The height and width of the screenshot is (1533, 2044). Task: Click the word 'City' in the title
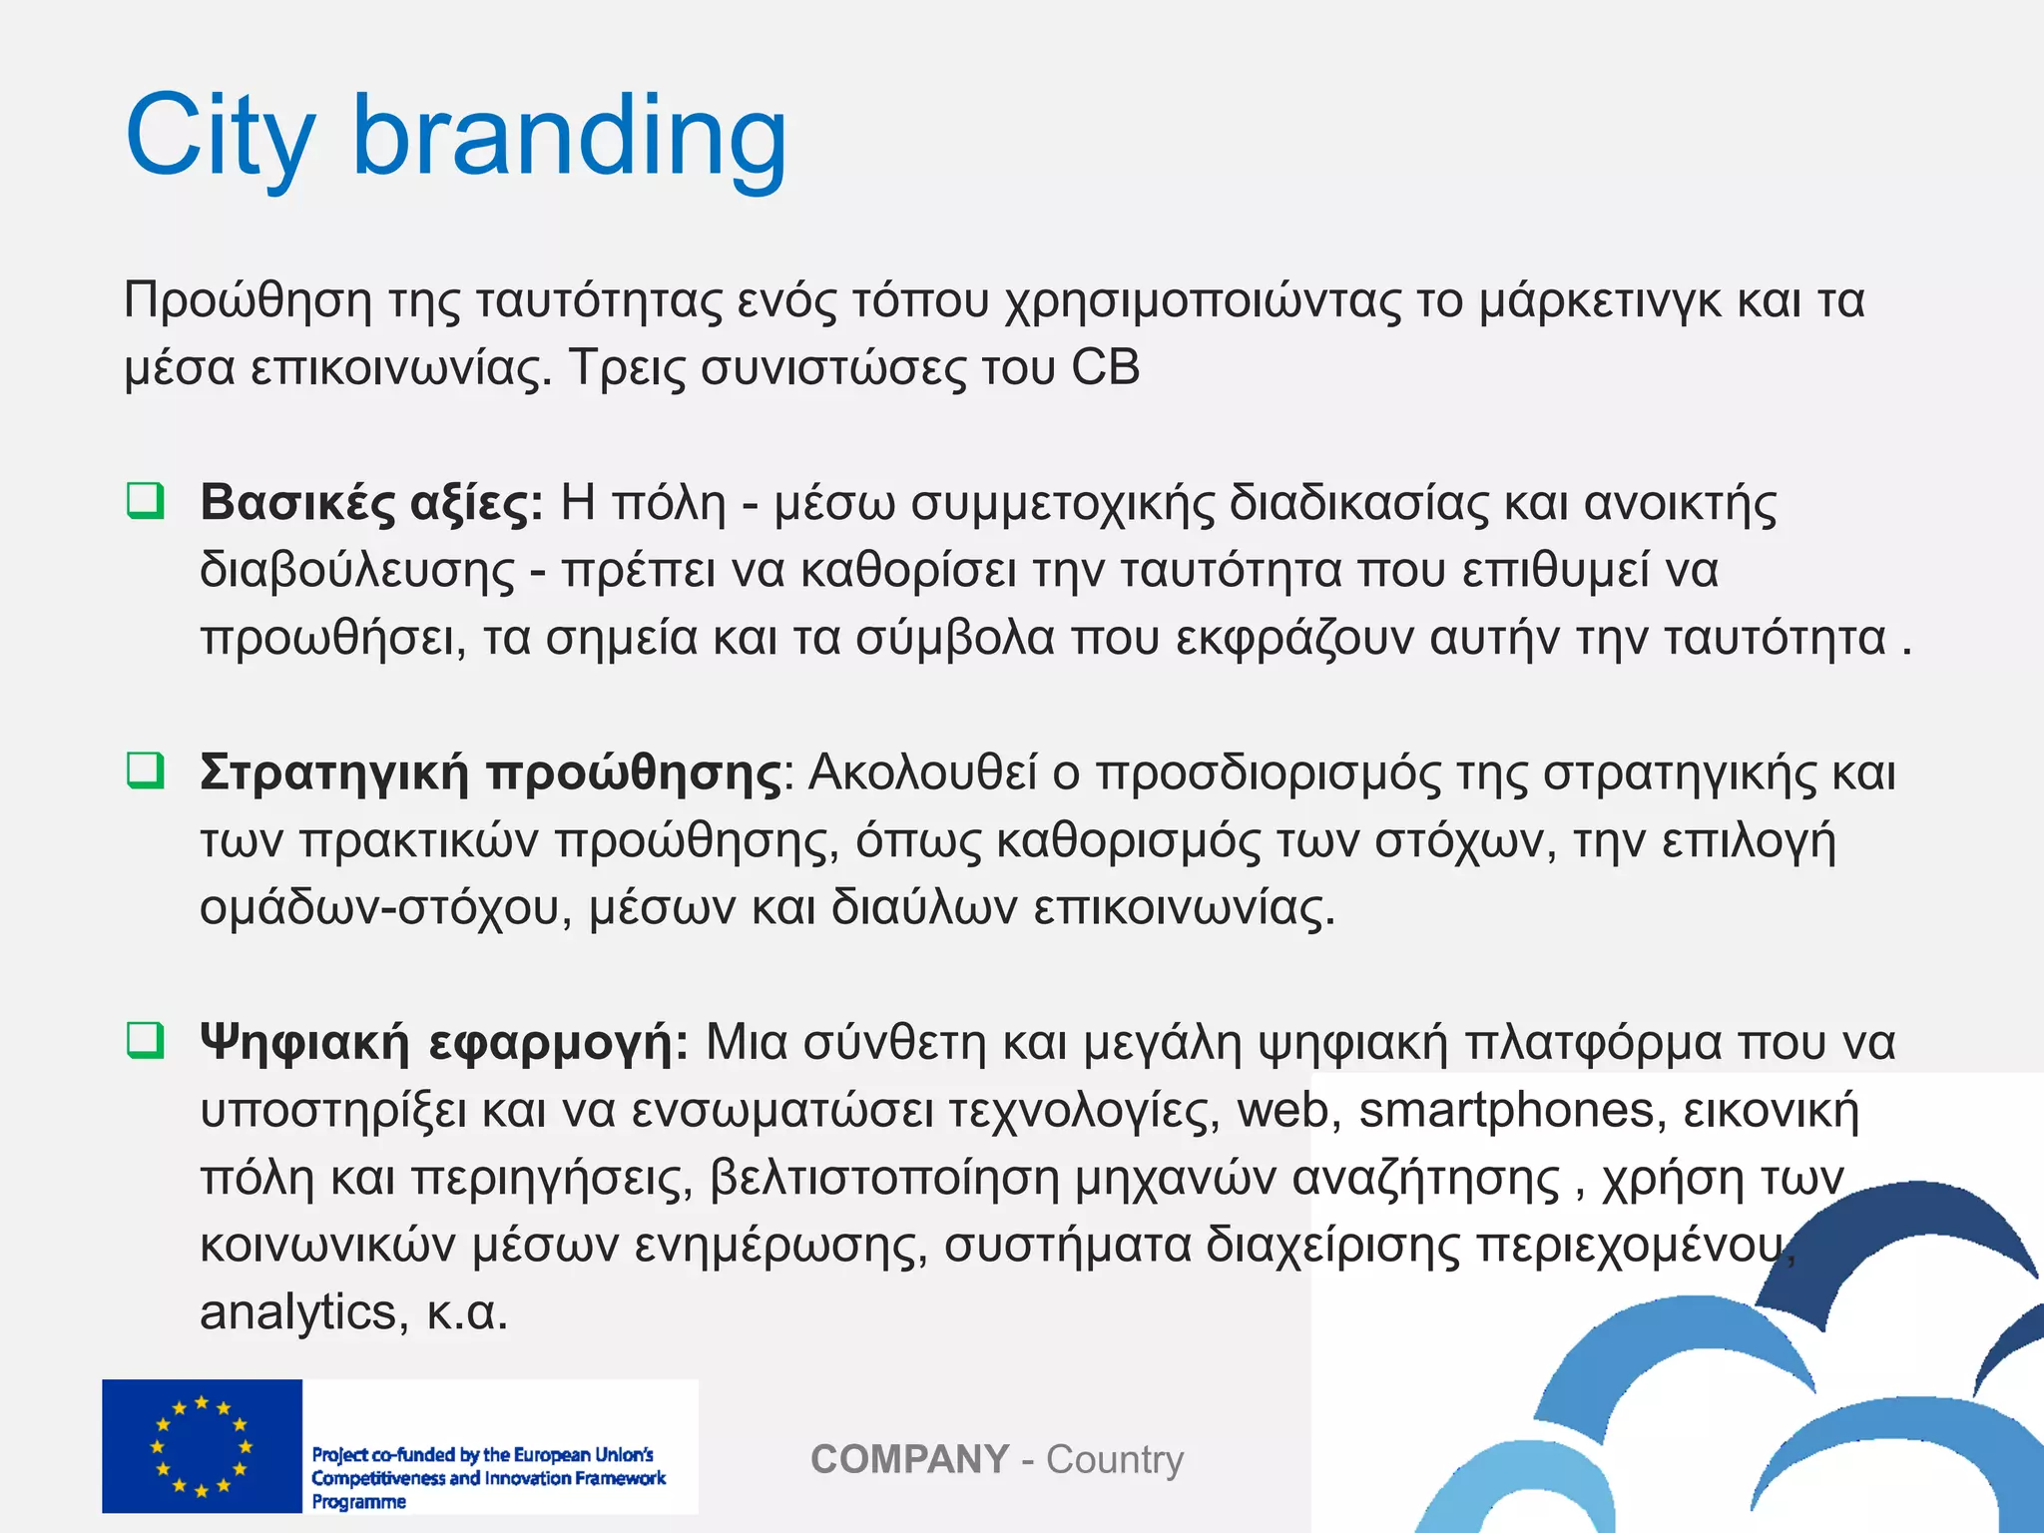(220, 137)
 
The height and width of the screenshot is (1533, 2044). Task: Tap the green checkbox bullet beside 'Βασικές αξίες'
(146, 500)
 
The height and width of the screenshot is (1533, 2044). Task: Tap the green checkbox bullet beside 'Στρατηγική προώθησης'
(146, 769)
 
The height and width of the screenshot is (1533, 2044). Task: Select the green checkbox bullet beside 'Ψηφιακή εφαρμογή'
(146, 1040)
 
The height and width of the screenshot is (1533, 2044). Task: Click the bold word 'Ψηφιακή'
(304, 1043)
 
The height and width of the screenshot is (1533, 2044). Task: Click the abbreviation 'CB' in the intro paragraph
(1105, 367)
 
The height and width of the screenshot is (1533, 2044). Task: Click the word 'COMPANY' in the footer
(909, 1459)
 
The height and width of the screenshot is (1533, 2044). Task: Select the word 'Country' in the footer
(1114, 1459)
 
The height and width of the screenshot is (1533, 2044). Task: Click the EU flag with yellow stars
(202, 1445)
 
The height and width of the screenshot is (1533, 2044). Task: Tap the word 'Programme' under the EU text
(358, 1502)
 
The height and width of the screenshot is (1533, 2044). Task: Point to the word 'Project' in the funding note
(339, 1455)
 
